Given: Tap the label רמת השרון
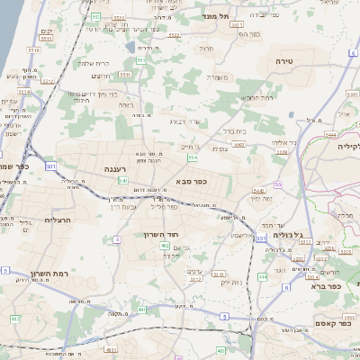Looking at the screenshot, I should click(x=31, y=274).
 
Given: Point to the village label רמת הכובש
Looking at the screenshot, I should click(x=256, y=97).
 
